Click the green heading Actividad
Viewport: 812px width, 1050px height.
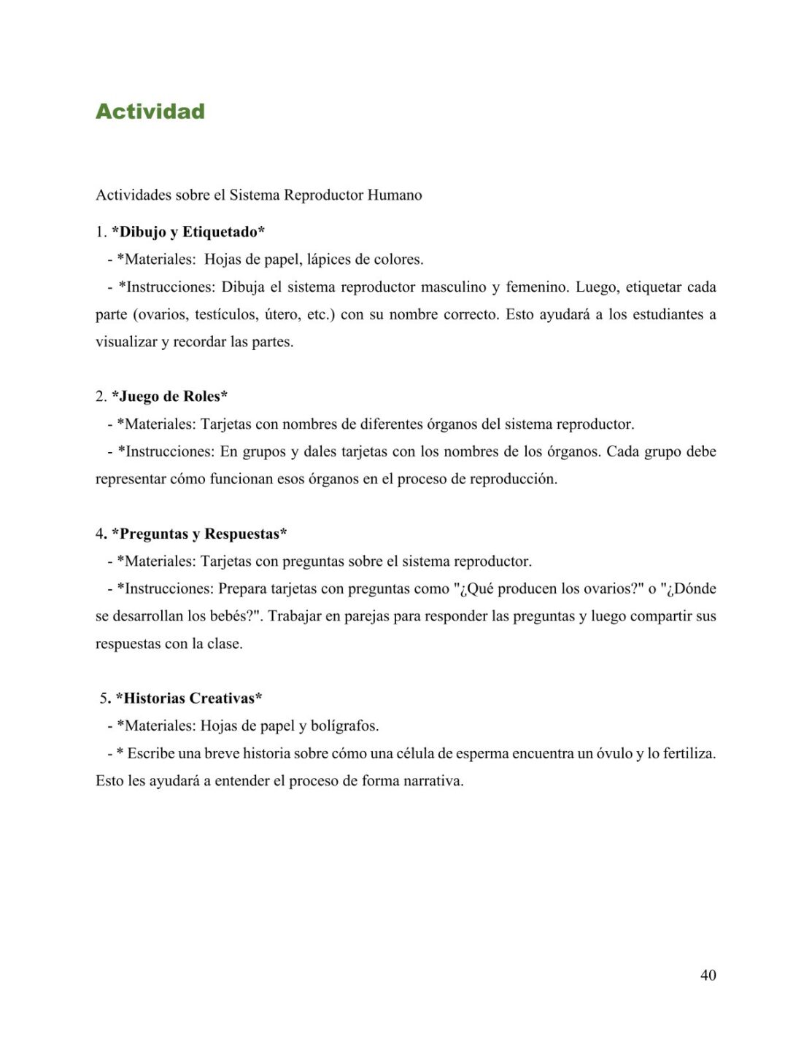[150, 112]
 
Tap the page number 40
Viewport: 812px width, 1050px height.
[708, 975]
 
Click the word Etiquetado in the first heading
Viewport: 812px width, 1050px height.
[223, 232]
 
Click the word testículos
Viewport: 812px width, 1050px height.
[223, 315]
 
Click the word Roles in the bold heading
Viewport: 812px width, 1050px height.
[204, 397]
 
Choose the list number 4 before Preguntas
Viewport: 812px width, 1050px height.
[101, 534]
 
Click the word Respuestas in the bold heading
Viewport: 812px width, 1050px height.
[245, 534]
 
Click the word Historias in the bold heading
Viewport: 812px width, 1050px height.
[154, 699]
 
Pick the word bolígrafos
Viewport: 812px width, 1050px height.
[344, 726]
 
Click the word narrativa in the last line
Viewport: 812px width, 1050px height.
[430, 781]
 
